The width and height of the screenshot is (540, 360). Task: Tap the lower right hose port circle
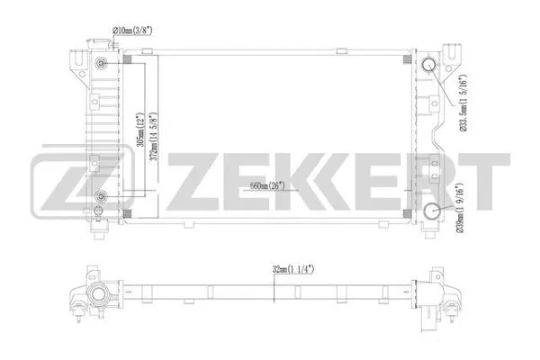point(432,212)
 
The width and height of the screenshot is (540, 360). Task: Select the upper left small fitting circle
point(103,63)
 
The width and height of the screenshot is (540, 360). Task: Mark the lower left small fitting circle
point(103,197)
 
